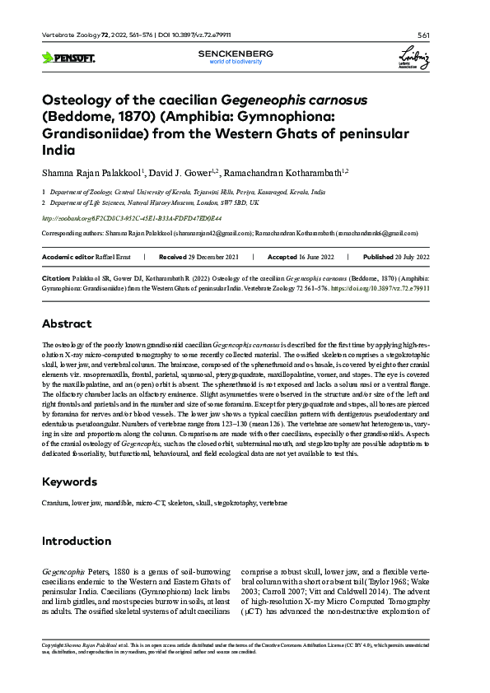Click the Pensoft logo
(68, 58)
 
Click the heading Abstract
(68, 323)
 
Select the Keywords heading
(72, 481)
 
